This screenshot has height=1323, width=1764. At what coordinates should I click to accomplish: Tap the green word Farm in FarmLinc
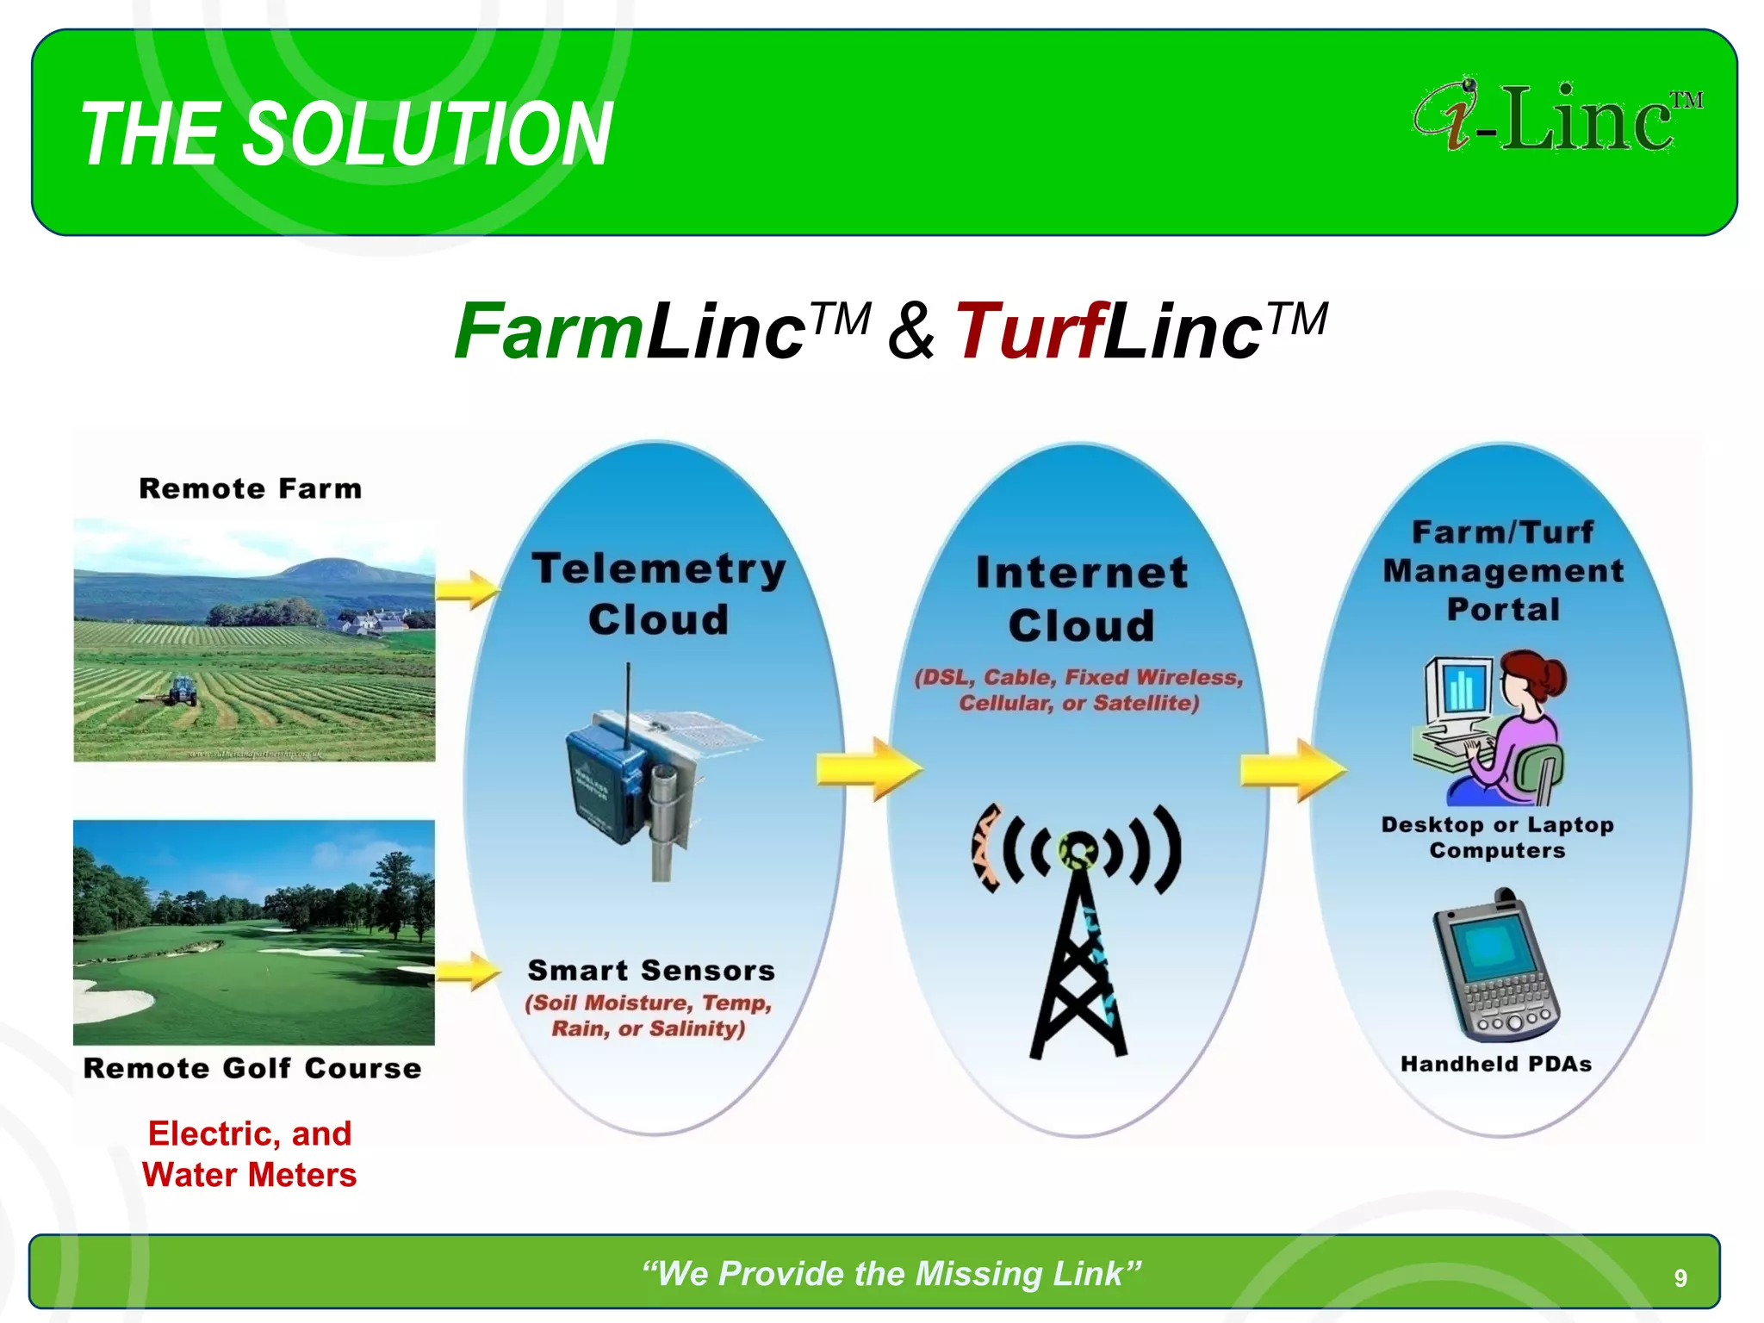(548, 332)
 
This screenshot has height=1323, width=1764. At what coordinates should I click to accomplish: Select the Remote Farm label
(251, 489)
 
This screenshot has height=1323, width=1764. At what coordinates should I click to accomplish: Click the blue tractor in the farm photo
(182, 690)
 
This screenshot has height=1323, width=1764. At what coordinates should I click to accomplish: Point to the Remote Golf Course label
(252, 1068)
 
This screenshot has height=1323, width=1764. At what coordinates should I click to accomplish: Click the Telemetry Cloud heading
(659, 594)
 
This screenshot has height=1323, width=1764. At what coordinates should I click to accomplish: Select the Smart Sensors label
(651, 971)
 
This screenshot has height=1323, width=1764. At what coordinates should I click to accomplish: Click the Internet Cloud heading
(1081, 599)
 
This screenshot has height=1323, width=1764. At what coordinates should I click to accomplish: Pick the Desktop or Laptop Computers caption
(1497, 837)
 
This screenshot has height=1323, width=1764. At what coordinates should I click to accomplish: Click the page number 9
(1680, 1278)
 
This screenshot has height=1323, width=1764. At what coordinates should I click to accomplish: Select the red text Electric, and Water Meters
(250, 1154)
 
